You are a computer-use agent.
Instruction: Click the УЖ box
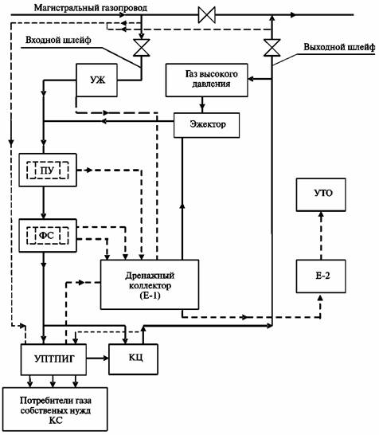(97, 80)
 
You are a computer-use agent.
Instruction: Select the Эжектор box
(206, 125)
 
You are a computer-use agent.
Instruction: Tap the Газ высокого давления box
(206, 80)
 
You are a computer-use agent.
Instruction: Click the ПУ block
(48, 170)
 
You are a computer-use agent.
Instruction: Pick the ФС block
(48, 236)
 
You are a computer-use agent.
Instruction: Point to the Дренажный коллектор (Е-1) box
(150, 284)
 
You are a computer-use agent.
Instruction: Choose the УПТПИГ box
(53, 359)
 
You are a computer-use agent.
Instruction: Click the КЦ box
(133, 359)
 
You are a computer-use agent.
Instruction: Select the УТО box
(321, 194)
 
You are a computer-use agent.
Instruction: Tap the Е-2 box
(321, 276)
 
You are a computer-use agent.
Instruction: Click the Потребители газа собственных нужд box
(55, 410)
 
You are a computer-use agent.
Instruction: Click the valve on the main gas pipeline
(207, 15)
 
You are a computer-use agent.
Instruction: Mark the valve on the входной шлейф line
(142, 48)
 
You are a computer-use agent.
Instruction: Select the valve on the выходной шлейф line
(272, 48)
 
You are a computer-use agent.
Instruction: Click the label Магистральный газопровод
(91, 8)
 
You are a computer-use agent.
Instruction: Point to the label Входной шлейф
(58, 40)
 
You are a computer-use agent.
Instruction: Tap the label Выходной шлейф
(339, 47)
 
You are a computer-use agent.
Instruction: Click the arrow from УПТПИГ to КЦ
(98, 359)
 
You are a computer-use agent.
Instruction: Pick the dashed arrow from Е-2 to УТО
(321, 236)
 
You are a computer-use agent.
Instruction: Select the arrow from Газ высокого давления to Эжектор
(202, 104)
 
